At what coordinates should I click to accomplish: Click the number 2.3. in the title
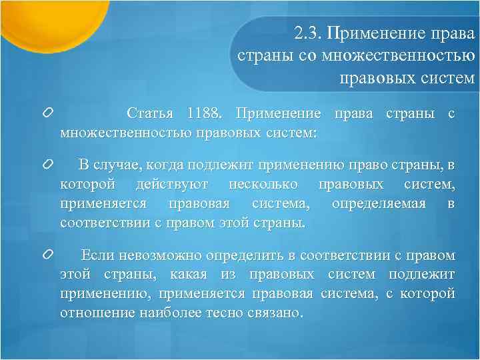(308, 33)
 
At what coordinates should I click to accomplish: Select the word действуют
(173, 183)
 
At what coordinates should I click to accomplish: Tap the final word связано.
(277, 312)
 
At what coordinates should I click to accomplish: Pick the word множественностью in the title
(399, 55)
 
